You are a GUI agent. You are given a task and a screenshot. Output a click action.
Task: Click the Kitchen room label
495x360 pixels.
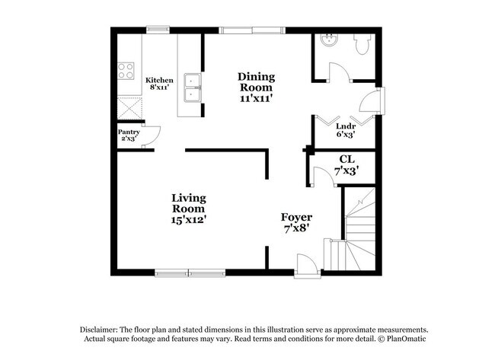click(x=160, y=83)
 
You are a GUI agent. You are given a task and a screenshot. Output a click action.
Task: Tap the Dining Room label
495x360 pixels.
click(x=256, y=87)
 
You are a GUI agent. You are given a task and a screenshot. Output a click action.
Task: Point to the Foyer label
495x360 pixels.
click(x=297, y=222)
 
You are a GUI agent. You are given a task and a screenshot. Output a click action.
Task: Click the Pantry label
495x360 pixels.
click(x=129, y=135)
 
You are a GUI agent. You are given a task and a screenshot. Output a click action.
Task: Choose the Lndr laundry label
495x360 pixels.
click(x=346, y=131)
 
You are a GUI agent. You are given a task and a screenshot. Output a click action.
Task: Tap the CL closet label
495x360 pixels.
click(x=346, y=165)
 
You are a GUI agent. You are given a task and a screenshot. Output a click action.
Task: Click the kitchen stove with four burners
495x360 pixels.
click(x=126, y=72)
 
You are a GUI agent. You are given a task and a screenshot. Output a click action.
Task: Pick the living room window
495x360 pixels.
click(x=190, y=272)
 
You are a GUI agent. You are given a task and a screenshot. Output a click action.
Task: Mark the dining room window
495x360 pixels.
click(x=249, y=30)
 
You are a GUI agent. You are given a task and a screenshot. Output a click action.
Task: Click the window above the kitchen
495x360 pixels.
click(x=158, y=30)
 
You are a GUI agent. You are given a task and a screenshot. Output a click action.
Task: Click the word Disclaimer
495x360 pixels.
click(x=103, y=328)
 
